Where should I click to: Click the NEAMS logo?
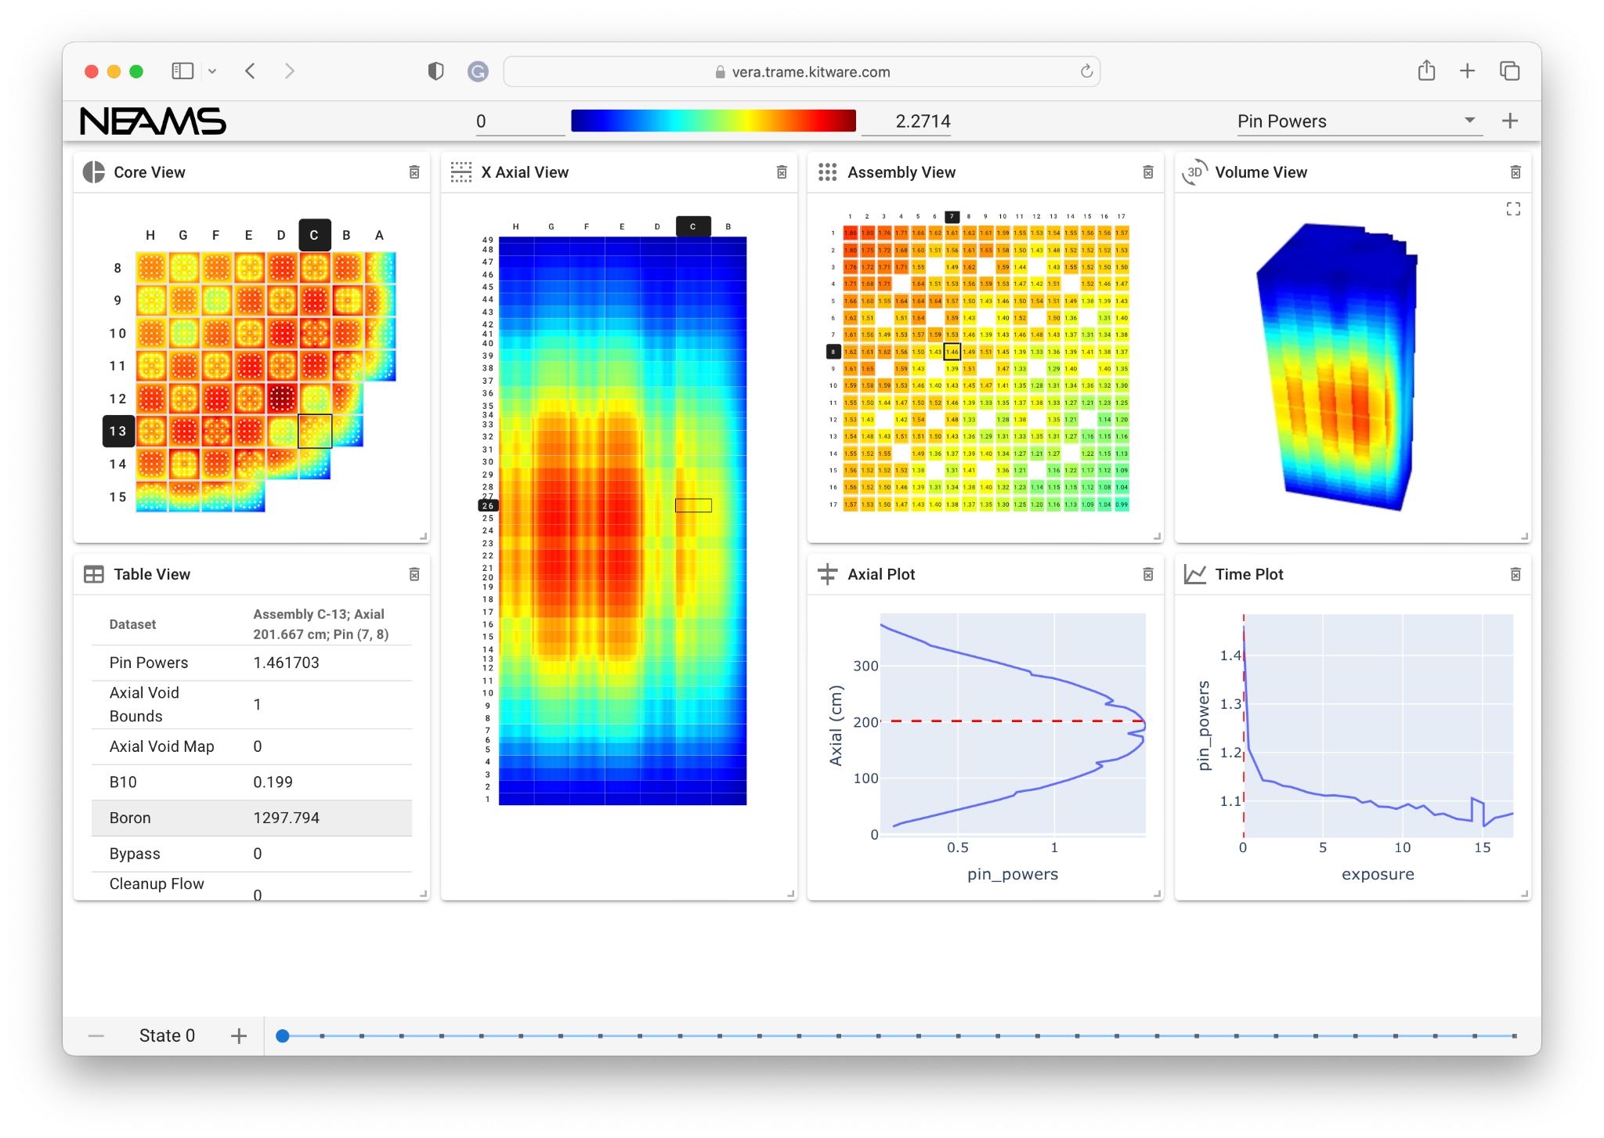pos(153,121)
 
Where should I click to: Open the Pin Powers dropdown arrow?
pos(1469,121)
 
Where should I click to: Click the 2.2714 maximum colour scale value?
pos(922,121)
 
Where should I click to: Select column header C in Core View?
pos(314,235)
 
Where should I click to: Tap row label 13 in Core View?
pos(118,432)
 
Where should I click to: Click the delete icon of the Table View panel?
pos(414,575)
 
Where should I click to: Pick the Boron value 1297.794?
pos(286,818)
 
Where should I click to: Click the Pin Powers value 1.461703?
pos(286,663)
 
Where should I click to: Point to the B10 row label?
pos(123,782)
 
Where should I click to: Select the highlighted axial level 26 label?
pos(488,506)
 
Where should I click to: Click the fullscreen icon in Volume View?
pos(1513,209)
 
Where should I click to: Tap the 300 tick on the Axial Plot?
pos(865,666)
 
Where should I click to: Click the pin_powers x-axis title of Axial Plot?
pos(1012,874)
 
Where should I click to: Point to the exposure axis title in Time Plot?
pos(1378,874)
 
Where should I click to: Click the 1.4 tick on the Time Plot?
pos(1230,656)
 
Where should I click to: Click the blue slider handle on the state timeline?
pos(283,1036)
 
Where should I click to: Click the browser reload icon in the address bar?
pos(1086,72)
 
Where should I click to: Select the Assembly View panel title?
pos(901,172)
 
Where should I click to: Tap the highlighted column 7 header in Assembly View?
pos(952,217)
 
